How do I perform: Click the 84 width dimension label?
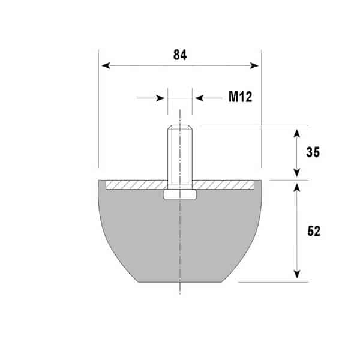(x=180, y=55)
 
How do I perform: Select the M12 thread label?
(x=241, y=97)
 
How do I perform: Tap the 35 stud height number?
(x=313, y=152)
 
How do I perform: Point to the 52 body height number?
(x=314, y=231)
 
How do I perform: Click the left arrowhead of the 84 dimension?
(x=106, y=65)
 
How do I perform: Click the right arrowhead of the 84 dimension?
(x=254, y=66)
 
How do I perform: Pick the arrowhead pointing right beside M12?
(x=160, y=98)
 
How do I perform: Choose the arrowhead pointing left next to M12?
(x=199, y=98)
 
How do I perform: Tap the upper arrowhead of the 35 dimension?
(x=297, y=134)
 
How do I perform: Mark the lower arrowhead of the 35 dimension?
(x=297, y=173)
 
